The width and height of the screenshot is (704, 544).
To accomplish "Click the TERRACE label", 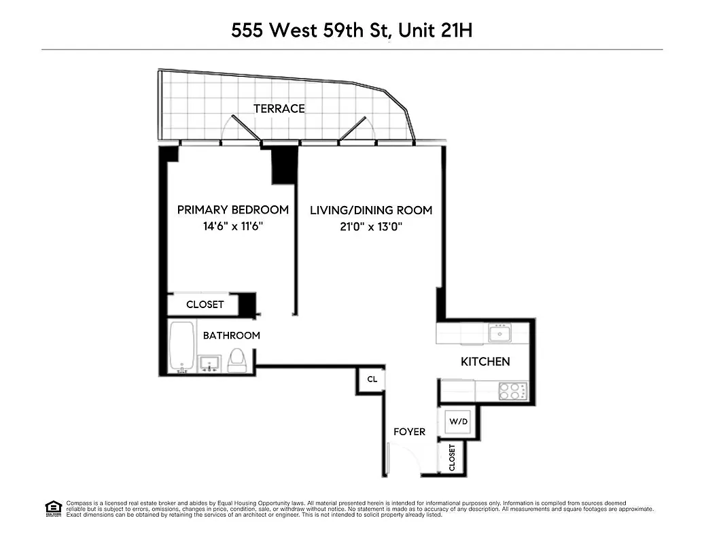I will click(x=279, y=109).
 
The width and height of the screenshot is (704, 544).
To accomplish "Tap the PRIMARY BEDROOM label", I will click(x=232, y=210).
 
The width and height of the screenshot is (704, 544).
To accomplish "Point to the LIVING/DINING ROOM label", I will click(x=371, y=211).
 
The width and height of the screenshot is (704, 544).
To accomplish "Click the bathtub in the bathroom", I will click(x=181, y=346).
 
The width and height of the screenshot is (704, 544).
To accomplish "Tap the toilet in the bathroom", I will click(x=237, y=360).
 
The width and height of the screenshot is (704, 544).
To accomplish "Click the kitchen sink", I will click(x=500, y=333).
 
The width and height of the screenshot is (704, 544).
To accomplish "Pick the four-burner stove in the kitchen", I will click(x=513, y=391).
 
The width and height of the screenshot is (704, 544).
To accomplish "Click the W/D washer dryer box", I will click(x=459, y=422).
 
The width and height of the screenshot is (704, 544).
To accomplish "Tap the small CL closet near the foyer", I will click(x=372, y=379).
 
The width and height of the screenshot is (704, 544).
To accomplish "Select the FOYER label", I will click(x=410, y=432).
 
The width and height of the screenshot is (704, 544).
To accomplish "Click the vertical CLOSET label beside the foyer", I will click(x=452, y=458).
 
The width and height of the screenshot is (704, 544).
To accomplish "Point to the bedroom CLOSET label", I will click(x=205, y=305).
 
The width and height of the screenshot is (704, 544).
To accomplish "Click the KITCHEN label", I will click(x=485, y=362).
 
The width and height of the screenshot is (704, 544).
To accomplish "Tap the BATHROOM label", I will click(x=231, y=335).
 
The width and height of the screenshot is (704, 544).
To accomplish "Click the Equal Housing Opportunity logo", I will click(x=53, y=507).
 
